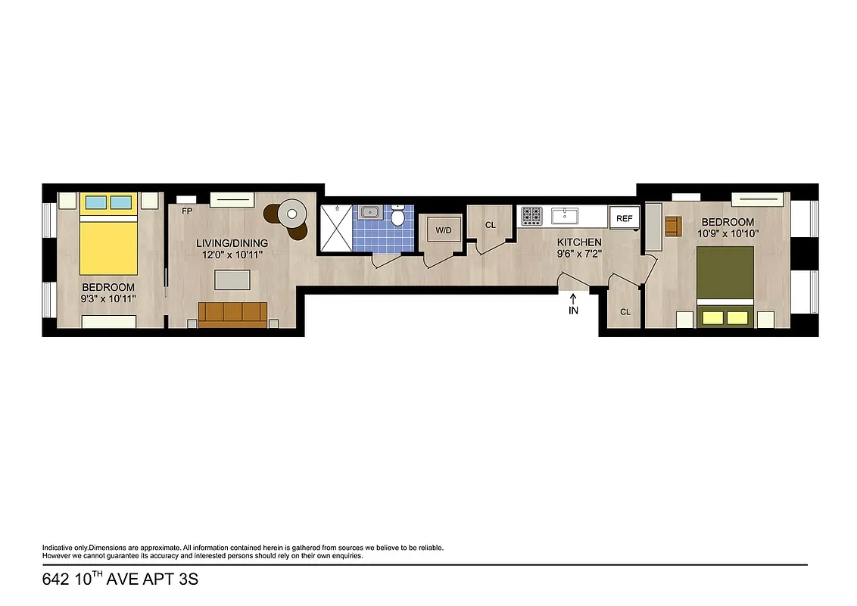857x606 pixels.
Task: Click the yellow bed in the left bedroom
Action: tap(108, 239)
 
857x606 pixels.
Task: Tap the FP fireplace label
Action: tap(186, 211)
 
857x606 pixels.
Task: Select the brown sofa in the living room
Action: tap(232, 313)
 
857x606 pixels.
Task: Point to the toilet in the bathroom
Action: tap(398, 217)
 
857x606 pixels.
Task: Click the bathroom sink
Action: tap(369, 212)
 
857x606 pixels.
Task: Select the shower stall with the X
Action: tap(335, 229)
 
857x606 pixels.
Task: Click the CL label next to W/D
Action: tap(491, 225)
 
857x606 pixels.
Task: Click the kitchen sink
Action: tap(565, 216)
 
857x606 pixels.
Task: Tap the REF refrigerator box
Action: tap(624, 218)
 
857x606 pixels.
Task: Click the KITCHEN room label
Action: tap(579, 242)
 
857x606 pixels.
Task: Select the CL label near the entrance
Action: tap(625, 312)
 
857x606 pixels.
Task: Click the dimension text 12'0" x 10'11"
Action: tap(232, 255)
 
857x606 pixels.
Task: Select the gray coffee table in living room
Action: tap(232, 280)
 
